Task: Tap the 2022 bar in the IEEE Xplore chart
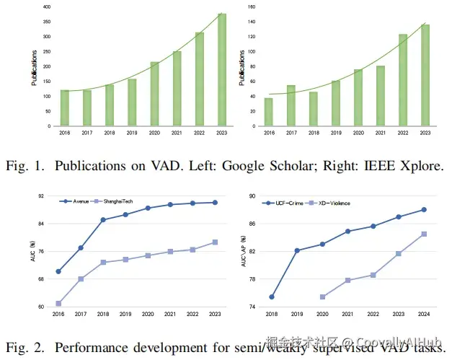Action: click(403, 80)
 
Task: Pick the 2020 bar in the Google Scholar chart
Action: click(154, 95)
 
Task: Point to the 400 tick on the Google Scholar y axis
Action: click(46, 7)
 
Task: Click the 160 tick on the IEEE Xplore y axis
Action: click(252, 7)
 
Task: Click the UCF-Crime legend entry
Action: click(291, 203)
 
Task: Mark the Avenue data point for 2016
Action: click(58, 271)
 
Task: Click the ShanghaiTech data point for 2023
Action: click(215, 242)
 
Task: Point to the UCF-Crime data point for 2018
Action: click(272, 297)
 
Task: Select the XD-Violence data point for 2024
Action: click(424, 234)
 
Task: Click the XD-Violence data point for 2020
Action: click(322, 297)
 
